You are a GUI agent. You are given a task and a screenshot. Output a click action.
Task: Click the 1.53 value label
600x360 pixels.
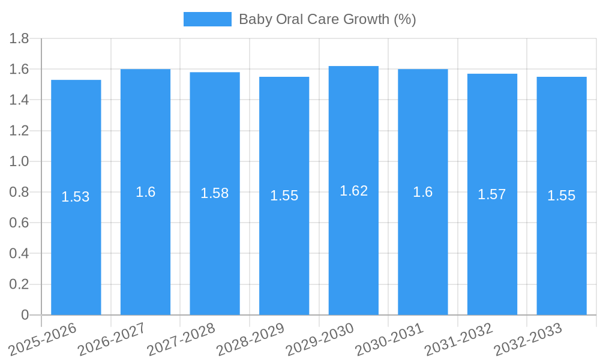[x=76, y=197]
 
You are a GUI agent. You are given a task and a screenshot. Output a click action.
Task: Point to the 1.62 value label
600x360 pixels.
[x=353, y=191]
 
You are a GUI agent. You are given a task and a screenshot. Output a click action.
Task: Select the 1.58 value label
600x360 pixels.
[x=214, y=193]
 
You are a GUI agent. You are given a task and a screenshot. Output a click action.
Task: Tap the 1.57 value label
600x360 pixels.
[x=491, y=194]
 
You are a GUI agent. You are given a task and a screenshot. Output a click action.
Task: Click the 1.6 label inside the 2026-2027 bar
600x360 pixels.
[x=145, y=192]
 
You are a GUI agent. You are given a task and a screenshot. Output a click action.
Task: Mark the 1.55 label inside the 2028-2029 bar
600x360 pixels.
[x=284, y=196]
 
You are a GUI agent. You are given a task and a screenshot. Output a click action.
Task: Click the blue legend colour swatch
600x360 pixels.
[x=207, y=19]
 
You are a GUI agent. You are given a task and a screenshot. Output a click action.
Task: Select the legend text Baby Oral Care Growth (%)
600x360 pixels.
[x=327, y=19]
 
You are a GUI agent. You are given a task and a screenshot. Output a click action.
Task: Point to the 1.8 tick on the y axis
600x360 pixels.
[x=19, y=39]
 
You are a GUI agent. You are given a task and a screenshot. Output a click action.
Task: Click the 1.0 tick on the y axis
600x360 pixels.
[x=19, y=162]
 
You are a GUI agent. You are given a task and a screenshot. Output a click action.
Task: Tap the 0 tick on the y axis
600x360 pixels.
[x=25, y=315]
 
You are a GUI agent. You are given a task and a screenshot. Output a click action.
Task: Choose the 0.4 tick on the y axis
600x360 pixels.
[x=19, y=254]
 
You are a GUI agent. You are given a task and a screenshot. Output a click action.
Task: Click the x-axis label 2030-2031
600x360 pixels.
[x=390, y=339]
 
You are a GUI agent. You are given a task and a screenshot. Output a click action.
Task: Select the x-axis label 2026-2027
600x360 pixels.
[x=112, y=339]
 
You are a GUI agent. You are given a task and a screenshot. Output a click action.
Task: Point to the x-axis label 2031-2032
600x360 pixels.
[x=459, y=339]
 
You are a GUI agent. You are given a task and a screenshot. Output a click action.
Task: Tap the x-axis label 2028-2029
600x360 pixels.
[x=251, y=339]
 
